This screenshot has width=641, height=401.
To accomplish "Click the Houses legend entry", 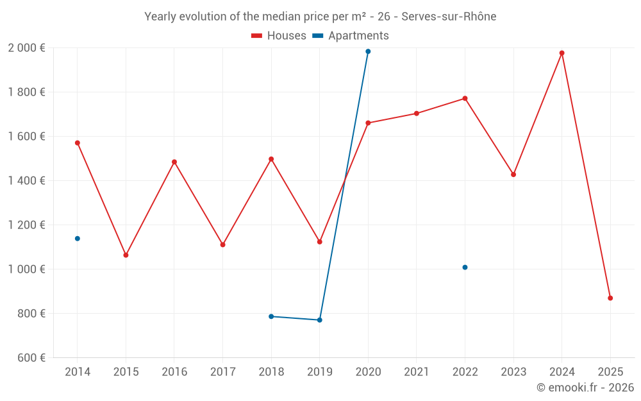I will [x=279, y=36].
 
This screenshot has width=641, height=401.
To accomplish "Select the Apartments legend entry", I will [x=351, y=36].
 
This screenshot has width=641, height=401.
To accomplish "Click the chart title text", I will [x=320, y=17].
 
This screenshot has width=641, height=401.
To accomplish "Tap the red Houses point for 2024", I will [x=562, y=53].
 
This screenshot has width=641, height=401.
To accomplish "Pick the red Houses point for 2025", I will [x=610, y=298].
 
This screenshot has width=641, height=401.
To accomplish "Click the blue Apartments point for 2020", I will [x=368, y=51].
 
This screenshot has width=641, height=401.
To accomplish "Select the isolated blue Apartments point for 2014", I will [x=78, y=239].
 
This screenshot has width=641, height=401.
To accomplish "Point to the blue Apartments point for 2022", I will [x=465, y=268].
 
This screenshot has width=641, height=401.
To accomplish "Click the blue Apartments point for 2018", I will [x=271, y=316].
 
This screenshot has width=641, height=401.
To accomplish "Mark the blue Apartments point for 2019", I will [x=320, y=320].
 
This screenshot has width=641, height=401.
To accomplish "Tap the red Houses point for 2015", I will [x=126, y=255].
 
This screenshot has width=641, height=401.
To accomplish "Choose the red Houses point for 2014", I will [x=78, y=143].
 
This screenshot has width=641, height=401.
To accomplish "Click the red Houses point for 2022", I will [x=465, y=98].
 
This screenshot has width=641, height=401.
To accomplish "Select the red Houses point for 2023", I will [x=513, y=175].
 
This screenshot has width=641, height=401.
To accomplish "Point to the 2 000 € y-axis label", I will [x=26, y=48].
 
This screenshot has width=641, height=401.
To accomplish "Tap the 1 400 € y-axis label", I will [x=26, y=181].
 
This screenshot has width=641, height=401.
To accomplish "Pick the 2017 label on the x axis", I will [x=222, y=372].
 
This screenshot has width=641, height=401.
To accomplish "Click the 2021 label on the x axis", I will [x=417, y=372].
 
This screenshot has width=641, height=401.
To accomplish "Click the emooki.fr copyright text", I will [x=585, y=388].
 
